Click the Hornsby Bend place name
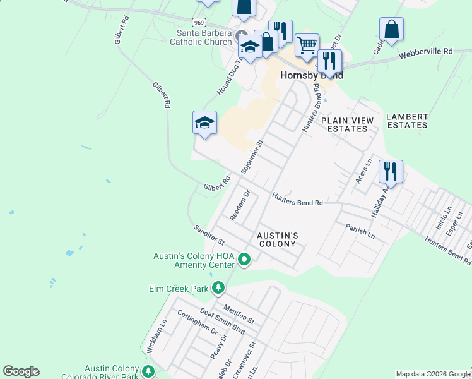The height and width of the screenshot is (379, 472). (x=312, y=75)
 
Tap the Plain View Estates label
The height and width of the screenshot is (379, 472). (x=347, y=124)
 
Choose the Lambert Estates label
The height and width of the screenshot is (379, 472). (x=407, y=121)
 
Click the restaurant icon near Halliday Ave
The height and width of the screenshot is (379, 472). (x=391, y=171)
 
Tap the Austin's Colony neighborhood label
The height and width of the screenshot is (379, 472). (x=277, y=239)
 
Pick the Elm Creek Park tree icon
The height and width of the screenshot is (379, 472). (x=218, y=288)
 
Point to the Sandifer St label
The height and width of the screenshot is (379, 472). (x=209, y=235)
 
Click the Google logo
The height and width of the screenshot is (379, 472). (x=21, y=371)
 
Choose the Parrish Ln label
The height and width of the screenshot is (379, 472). (x=360, y=231)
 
